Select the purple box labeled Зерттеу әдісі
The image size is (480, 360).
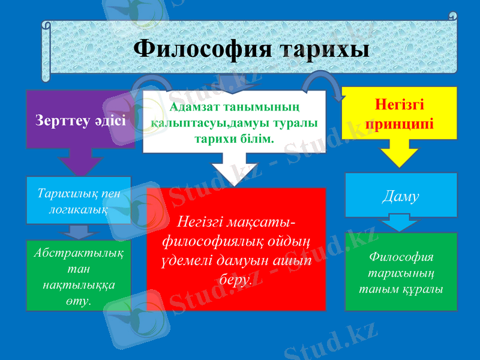[x=80, y=119]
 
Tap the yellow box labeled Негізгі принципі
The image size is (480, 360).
[x=400, y=115]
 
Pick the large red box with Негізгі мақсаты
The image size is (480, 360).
[x=236, y=249]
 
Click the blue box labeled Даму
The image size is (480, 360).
[x=401, y=195]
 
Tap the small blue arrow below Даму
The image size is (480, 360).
[x=400, y=224]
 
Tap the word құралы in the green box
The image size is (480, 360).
[x=423, y=289]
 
